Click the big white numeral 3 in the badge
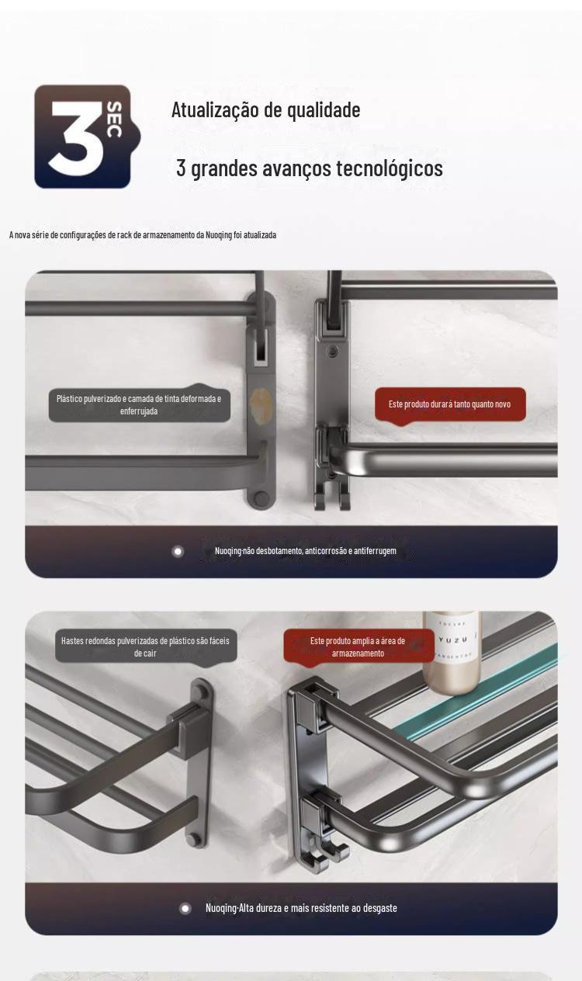[x=77, y=138]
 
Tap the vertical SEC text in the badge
[x=114, y=120]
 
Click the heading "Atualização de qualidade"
[x=266, y=109]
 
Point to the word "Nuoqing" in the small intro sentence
[x=219, y=234]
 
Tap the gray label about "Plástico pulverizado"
[x=139, y=404]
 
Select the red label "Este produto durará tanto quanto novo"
[x=450, y=404]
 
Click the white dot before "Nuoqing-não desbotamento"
[x=178, y=551]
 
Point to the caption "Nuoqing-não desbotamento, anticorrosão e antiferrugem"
[x=305, y=551]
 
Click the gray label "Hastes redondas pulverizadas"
[x=146, y=646]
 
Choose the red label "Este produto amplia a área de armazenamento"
[x=358, y=646]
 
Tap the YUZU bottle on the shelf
[x=452, y=652]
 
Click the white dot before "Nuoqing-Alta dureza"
[x=185, y=909]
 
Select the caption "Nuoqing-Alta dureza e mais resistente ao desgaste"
[x=301, y=908]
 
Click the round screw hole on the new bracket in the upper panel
[x=334, y=351]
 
